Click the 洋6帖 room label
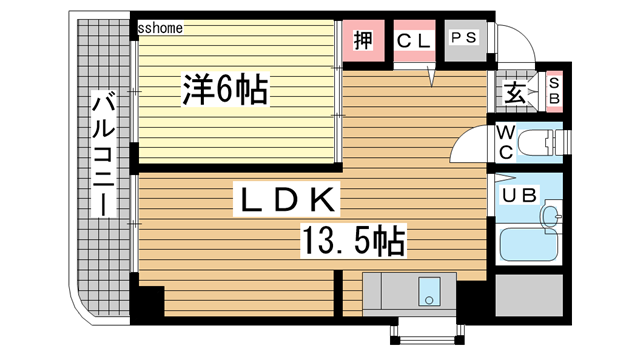click(x=223, y=92)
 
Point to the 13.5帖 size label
click(x=352, y=240)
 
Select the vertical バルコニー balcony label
click(x=103, y=154)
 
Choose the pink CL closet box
click(x=413, y=41)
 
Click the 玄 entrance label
click(x=513, y=95)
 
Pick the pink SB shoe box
click(x=554, y=94)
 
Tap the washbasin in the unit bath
click(x=549, y=215)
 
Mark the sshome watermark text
click(x=160, y=29)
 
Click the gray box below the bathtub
click(x=528, y=298)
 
